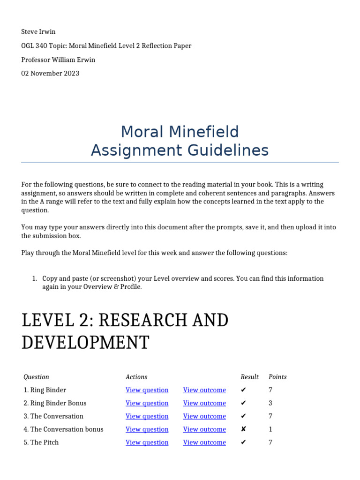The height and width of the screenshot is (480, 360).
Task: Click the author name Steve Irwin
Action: point(38,32)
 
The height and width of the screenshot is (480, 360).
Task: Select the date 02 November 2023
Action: point(50,73)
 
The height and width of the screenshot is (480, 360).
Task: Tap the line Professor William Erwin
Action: point(59,60)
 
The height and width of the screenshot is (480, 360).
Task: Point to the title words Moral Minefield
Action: point(180,131)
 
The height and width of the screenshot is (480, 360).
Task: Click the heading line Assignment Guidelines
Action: point(180,150)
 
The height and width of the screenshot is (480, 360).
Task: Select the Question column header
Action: point(36,377)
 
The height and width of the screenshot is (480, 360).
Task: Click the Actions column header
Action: point(136,377)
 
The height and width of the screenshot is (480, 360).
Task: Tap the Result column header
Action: point(249,377)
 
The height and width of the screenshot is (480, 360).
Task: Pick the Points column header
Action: point(277,377)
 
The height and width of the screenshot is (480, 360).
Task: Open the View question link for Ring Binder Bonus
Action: point(147,403)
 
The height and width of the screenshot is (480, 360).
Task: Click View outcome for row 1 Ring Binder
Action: point(204,390)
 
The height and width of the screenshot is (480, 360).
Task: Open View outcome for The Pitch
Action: point(204,442)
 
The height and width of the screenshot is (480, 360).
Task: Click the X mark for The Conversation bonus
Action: point(243,429)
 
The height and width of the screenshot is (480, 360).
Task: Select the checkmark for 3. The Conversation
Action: point(243,416)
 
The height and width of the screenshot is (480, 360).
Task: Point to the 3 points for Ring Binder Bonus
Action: point(270,403)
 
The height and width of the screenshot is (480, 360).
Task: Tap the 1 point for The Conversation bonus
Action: point(270,429)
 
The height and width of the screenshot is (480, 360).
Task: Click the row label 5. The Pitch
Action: point(41,442)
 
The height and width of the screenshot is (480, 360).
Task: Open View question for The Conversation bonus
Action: point(147,429)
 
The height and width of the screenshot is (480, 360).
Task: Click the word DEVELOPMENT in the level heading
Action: point(85,343)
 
